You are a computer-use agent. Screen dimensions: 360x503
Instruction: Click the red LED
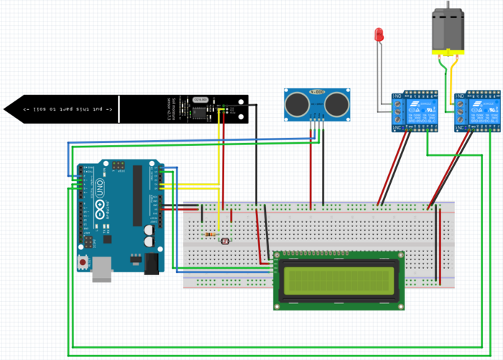pos(379,34)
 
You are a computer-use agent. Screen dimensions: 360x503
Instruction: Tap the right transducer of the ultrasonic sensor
pos(336,105)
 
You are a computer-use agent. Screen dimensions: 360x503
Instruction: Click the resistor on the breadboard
pos(209,234)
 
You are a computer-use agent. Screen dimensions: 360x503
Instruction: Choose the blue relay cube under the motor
pos(479,112)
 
